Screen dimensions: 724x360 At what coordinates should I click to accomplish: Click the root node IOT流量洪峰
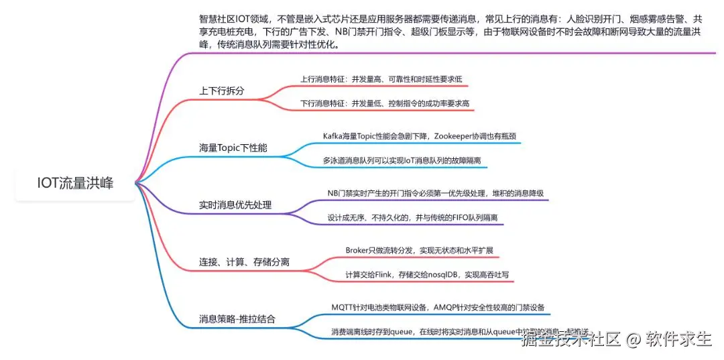pyautogui.click(x=75, y=183)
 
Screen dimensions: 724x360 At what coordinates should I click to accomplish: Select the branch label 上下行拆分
pyautogui.click(x=222, y=90)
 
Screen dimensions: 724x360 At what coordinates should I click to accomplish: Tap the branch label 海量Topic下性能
pyautogui.click(x=233, y=147)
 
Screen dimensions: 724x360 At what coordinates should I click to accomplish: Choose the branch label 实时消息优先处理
pyautogui.click(x=235, y=204)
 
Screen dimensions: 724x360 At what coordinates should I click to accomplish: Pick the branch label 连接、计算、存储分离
pyautogui.click(x=244, y=261)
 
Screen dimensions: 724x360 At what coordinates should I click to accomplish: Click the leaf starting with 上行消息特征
pyautogui.click(x=381, y=79)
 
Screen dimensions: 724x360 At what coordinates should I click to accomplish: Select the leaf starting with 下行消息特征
pyautogui.click(x=384, y=104)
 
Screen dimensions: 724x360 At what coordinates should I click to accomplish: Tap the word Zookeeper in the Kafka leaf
pyautogui.click(x=457, y=136)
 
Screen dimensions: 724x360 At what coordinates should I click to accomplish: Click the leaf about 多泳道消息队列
pyautogui.click(x=406, y=161)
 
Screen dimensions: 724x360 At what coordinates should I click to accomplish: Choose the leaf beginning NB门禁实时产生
pyautogui.click(x=435, y=193)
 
